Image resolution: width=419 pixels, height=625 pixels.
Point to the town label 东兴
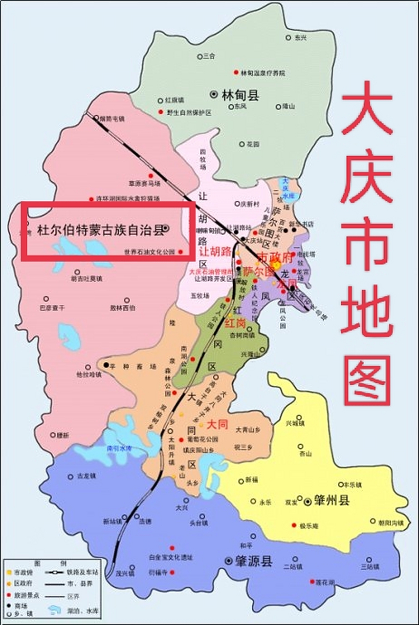point(300,38)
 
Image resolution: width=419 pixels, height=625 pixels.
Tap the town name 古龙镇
point(88,475)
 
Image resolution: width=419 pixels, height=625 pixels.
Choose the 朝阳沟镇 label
point(391,522)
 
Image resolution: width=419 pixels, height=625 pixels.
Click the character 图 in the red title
point(367,380)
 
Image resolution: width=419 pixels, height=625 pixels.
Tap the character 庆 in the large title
point(367,178)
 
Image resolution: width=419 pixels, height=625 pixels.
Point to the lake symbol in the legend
point(55,610)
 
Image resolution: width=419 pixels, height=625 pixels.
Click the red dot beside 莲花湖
point(312,582)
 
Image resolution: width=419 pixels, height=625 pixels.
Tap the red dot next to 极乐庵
point(294,526)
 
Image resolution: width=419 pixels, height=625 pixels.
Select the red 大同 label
point(218,424)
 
